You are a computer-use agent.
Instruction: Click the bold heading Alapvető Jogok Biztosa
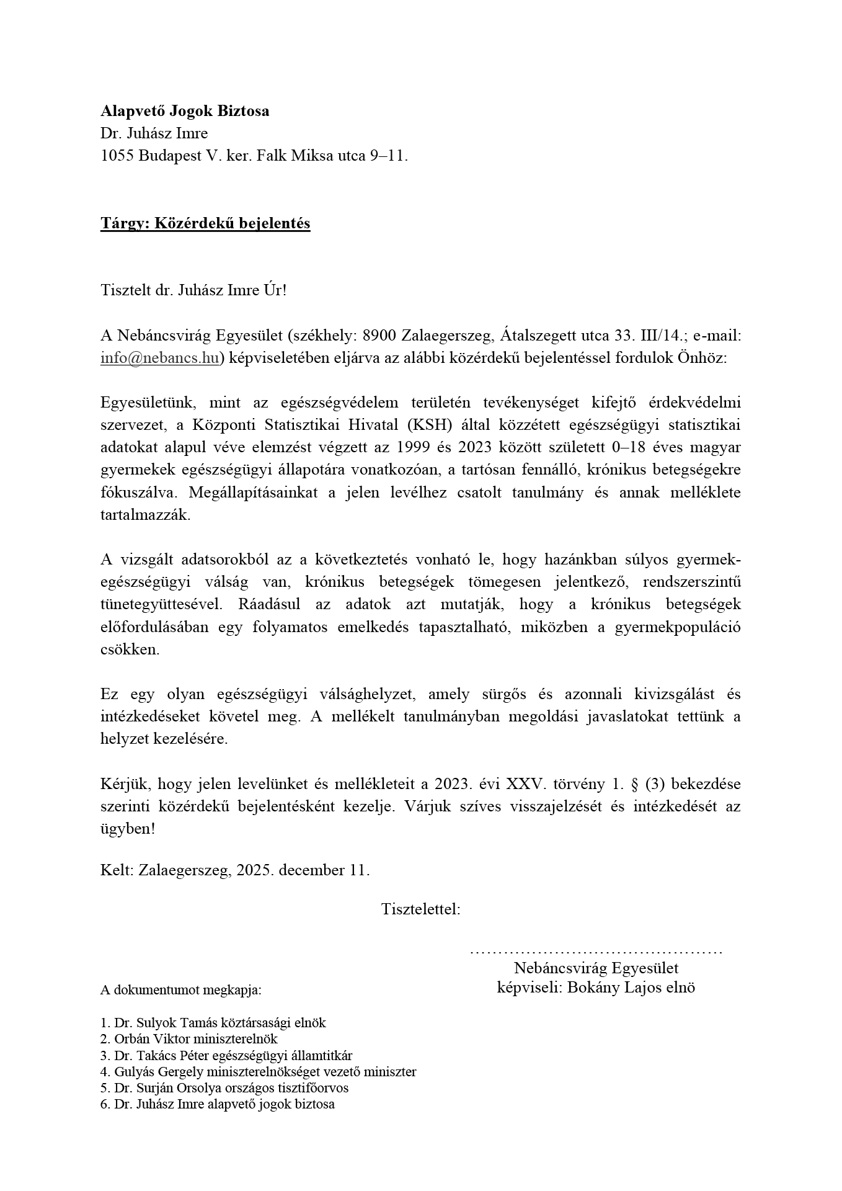click(x=185, y=112)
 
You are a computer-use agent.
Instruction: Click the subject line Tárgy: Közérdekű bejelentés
click(x=205, y=223)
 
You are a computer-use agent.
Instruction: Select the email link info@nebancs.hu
click(x=159, y=359)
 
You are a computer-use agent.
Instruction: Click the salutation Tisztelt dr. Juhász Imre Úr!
click(x=193, y=290)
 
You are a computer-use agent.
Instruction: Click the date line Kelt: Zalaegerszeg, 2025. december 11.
click(x=235, y=870)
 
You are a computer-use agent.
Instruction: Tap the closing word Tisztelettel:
click(x=420, y=909)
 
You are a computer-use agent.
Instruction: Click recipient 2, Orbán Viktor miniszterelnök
click(x=189, y=1038)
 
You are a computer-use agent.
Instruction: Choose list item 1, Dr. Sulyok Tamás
click(x=213, y=1022)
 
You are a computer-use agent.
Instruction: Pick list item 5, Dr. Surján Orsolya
click(x=224, y=1088)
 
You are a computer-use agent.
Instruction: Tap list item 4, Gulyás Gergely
click(x=258, y=1071)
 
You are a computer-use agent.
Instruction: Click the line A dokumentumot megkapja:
click(x=180, y=990)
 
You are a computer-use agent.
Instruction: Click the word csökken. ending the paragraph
click(x=130, y=649)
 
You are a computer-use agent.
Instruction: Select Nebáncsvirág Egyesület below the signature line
click(x=596, y=968)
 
